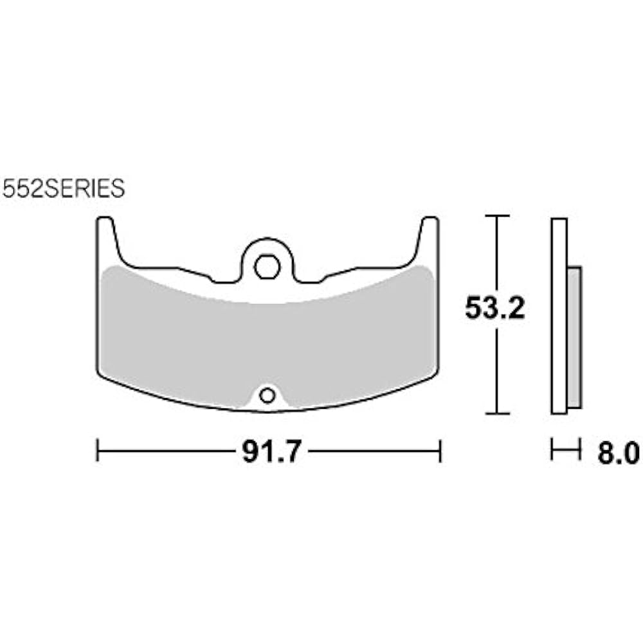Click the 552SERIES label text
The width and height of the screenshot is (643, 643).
coord(63,189)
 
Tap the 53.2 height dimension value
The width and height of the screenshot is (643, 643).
coord(495,309)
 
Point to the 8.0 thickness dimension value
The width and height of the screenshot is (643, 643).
coord(618,453)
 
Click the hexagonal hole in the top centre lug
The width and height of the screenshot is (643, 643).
coord(266,266)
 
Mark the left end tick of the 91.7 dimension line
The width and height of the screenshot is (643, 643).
coord(97,451)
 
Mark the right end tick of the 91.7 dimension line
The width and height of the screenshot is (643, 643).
coord(440,451)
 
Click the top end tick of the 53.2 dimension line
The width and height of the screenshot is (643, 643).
coord(496,215)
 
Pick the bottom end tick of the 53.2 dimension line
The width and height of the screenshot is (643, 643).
coord(496,413)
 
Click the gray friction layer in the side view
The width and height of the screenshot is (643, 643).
coord(574,337)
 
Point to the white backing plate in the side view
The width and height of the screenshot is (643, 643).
coord(559,315)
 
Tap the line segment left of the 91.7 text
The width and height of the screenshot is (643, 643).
coord(167,451)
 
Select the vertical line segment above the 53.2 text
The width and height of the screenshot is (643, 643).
coord(496,254)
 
